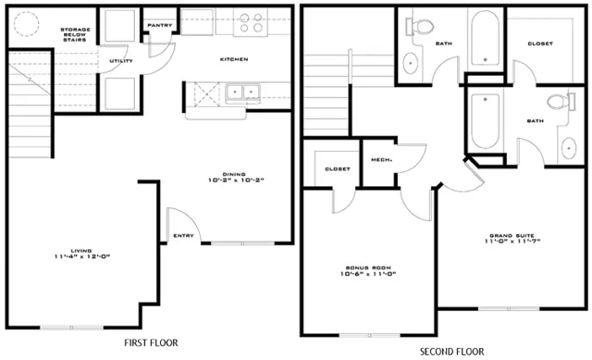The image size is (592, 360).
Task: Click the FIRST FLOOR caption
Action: click(151, 343)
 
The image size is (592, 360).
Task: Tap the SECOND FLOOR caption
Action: click(452, 352)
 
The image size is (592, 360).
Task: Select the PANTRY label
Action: click(160, 25)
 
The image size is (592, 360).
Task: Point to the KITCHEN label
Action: click(234, 59)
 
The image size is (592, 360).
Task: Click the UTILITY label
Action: click(121, 61)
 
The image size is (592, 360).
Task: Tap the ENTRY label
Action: click(183, 236)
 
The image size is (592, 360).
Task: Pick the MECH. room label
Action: click(381, 160)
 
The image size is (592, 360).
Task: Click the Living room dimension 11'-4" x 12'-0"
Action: click(82, 257)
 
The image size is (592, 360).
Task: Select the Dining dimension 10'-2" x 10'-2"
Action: click(236, 180)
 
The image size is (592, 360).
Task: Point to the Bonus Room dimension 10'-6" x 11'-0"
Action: click(368, 274)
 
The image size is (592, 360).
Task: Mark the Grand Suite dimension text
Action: click(512, 241)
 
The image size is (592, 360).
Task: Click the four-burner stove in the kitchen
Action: click(251, 22)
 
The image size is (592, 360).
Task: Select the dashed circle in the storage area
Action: click(27, 24)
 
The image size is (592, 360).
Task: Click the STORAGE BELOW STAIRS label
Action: click(75, 34)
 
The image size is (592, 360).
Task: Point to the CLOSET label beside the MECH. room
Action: click(338, 169)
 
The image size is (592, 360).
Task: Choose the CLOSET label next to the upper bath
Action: click(540, 43)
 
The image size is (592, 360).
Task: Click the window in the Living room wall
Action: click(72, 328)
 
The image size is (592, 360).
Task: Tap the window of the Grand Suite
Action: click(509, 309)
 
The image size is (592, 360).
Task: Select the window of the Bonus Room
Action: click(370, 335)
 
